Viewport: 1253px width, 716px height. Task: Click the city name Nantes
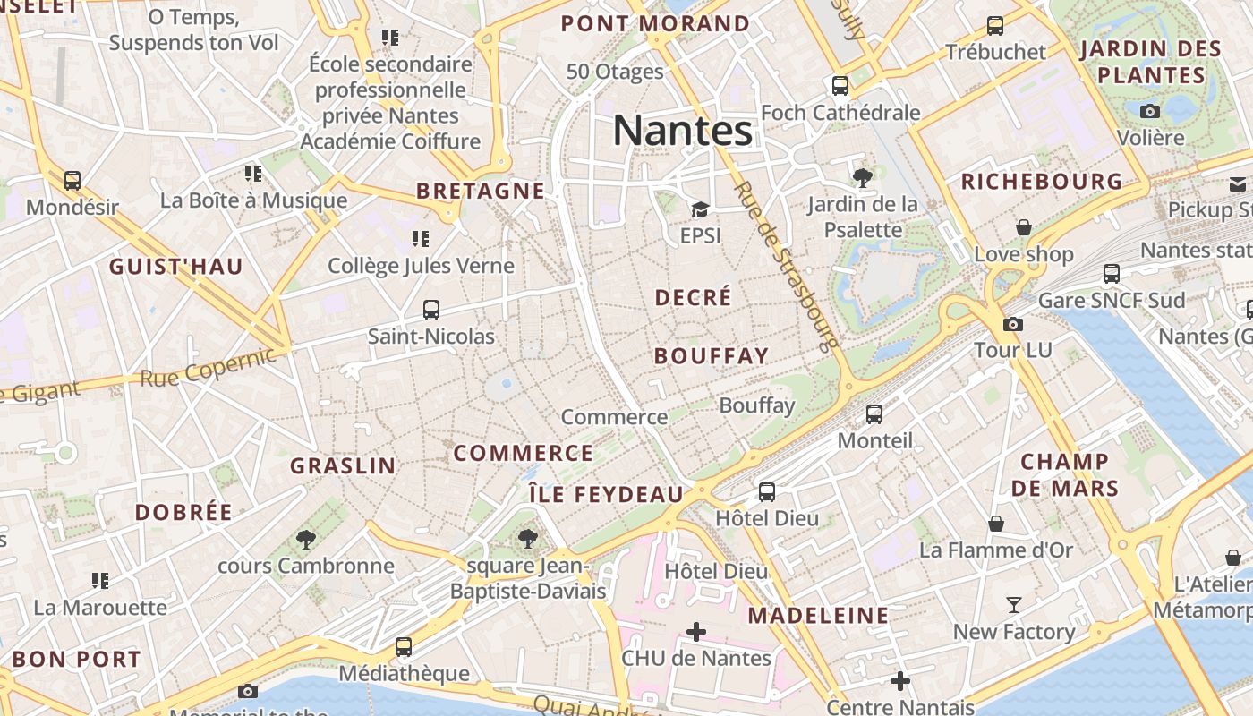coord(683,131)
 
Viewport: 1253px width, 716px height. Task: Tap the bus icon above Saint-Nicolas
coord(431,310)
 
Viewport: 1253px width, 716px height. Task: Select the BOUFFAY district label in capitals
coord(712,356)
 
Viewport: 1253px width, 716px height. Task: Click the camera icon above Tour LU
coord(1013,324)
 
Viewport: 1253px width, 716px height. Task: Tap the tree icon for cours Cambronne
coord(306,539)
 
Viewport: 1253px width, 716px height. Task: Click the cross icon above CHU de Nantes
coord(695,632)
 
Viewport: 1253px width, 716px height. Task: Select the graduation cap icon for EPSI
coord(700,210)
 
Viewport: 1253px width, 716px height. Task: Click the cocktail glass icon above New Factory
coord(1013,605)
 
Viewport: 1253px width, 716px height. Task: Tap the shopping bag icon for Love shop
coord(1024,227)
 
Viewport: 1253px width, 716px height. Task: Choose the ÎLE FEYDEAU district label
coord(606,494)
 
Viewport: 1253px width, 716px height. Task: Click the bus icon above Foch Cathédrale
coord(840,86)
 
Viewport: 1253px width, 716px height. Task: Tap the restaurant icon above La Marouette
coord(100,581)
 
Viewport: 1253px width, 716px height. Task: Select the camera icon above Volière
coord(1150,111)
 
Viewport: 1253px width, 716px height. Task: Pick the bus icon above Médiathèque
coord(404,646)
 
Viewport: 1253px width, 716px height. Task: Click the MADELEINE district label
coord(818,616)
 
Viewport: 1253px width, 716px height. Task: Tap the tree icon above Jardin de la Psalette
coord(863,177)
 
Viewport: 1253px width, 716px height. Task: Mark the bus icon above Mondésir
coord(72,181)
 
